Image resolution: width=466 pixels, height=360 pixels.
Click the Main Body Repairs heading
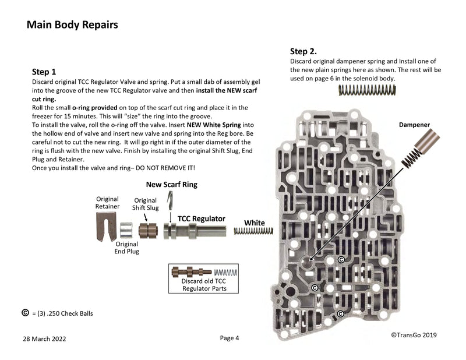pos(72,25)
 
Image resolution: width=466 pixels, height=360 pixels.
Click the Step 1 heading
pos(44,72)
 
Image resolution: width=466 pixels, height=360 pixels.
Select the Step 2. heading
pos(303,51)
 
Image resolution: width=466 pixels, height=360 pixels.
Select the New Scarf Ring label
pos(172,185)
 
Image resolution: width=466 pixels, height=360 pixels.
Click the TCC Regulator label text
pos(201,218)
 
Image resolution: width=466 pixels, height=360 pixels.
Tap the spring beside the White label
pos(253,231)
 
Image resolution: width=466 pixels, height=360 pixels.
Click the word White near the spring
pos(254,223)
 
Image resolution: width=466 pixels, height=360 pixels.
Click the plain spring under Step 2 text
pos(367,90)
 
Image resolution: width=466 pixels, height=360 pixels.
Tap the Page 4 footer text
pos(230,338)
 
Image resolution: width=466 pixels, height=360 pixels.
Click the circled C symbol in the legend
pos(25,313)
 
